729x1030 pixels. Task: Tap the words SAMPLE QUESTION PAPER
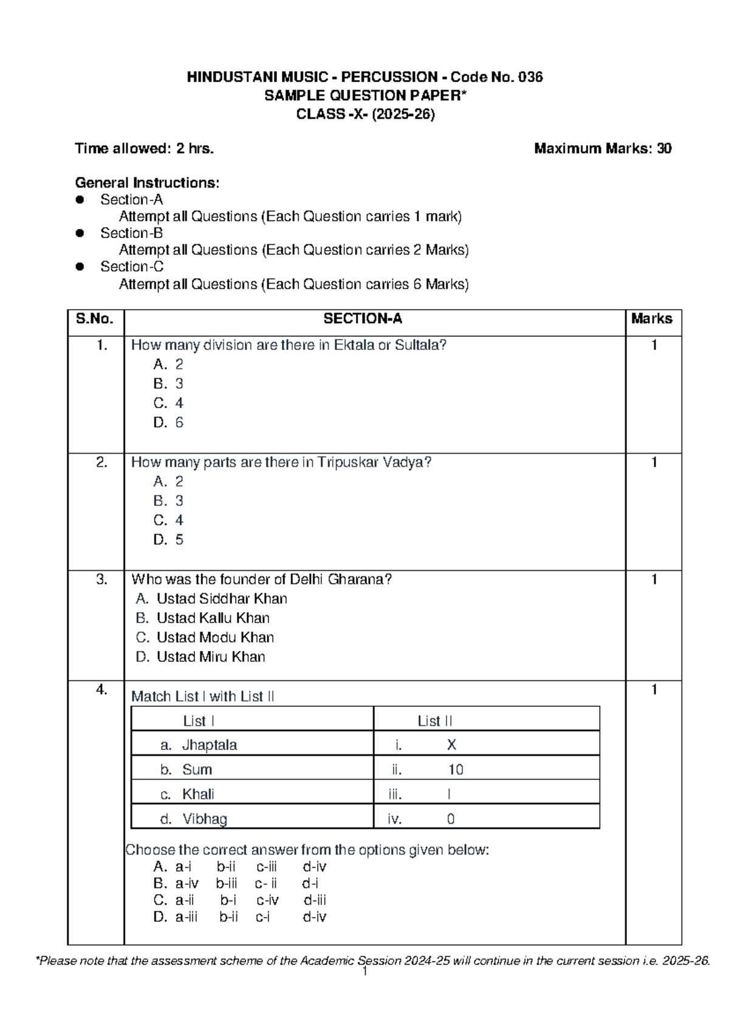tap(364, 95)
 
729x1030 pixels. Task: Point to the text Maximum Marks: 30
tap(603, 149)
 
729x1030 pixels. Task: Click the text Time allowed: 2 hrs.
tap(144, 149)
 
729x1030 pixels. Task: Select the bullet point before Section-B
tap(79, 233)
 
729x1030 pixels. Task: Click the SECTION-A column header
tap(363, 319)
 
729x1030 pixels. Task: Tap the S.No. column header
tap(95, 319)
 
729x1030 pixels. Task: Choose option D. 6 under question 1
tap(168, 423)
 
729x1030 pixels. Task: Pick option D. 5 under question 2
tap(168, 540)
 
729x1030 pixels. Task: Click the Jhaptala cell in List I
tap(209, 745)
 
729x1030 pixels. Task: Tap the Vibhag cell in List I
tap(204, 819)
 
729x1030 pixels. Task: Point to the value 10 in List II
tap(456, 770)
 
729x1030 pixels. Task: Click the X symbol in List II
tap(451, 745)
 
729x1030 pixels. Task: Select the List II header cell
tap(434, 721)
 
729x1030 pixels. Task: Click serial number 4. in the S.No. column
tap(101, 690)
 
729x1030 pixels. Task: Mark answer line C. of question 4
tap(240, 900)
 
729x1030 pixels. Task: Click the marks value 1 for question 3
tap(654, 580)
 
